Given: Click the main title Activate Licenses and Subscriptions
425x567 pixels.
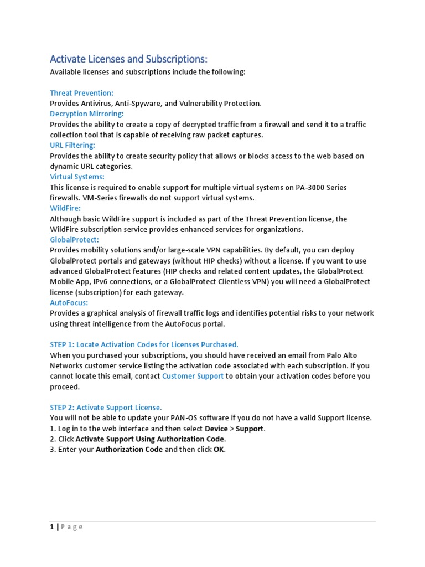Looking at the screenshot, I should coord(128,59).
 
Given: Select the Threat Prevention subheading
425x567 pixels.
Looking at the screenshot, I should coord(81,93).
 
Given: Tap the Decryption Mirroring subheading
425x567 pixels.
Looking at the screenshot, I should coord(86,114).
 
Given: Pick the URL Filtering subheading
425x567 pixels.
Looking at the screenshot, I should coord(72,145).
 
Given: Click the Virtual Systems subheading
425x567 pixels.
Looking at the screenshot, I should coord(77,177).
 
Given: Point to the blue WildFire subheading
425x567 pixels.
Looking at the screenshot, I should coord(65,208).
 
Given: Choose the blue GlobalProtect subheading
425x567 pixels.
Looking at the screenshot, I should coord(74,240).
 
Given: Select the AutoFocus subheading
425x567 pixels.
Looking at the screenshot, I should coord(69,303).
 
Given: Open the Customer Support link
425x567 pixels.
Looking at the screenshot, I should coord(193,376).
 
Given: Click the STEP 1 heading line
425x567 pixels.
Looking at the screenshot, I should coord(144,344).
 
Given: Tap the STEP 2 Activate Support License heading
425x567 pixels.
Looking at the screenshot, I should coord(106,408).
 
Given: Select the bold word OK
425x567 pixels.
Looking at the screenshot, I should coord(219,450).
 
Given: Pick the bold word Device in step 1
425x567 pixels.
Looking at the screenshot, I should coord(216,429).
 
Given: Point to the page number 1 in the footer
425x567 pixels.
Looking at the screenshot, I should coord(52,527).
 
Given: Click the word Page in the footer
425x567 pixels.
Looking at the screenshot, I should coord(71,527).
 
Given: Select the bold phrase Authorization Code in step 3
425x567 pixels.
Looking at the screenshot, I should coord(129,450).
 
